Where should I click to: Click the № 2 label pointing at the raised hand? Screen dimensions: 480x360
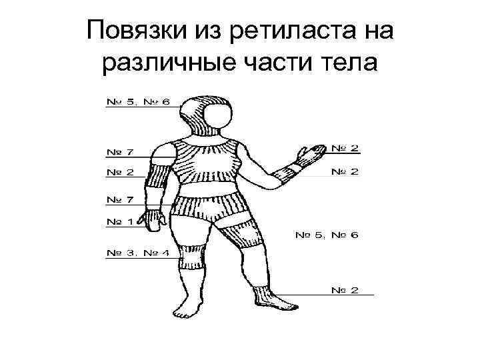coord(345,147)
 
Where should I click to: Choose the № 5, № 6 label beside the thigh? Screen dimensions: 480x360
coord(327,235)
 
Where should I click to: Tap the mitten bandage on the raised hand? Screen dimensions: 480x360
coord(307,154)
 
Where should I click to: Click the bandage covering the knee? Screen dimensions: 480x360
coord(192,257)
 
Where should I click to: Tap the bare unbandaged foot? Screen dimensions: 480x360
coord(186,308)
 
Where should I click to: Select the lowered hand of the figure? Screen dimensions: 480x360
coord(155,221)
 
